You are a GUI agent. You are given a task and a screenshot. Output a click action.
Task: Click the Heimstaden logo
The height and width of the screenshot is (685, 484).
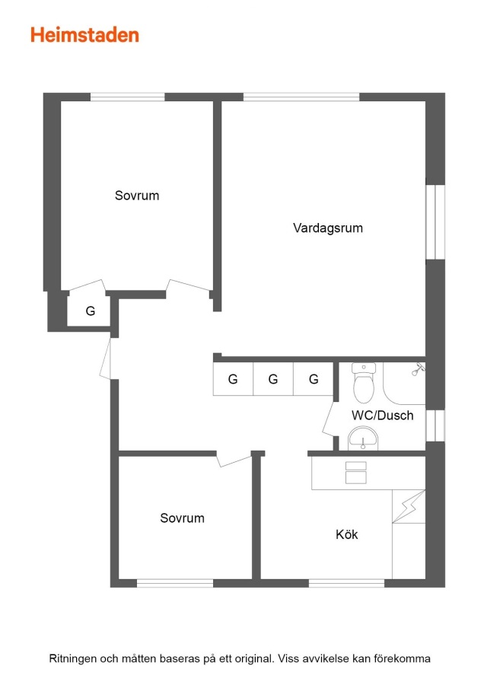coord(84,35)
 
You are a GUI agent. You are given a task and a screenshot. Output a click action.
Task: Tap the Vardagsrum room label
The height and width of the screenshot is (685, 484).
coord(328,228)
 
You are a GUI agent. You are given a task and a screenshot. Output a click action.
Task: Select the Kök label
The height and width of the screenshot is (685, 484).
coord(347,534)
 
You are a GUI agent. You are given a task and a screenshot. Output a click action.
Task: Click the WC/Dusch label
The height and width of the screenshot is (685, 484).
coord(383,415)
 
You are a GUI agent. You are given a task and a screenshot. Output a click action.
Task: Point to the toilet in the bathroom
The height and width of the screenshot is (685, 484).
coord(364,383)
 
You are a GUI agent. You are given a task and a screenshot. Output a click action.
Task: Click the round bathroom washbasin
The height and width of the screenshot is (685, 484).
coord(363,438)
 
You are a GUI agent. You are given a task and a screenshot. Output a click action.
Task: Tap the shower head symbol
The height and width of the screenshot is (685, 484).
coord(418,370)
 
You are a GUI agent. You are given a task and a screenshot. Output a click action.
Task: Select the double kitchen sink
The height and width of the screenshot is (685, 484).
coord(356,473)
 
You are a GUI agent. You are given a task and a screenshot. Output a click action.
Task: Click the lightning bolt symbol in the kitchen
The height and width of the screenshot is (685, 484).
coord(409,506)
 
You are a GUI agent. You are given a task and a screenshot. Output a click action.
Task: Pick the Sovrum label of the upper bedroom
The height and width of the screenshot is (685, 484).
coord(137,196)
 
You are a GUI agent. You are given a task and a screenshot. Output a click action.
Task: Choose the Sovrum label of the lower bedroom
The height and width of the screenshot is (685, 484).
coord(182,518)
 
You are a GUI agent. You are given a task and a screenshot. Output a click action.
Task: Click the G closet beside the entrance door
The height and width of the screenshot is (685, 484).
coord(91,311)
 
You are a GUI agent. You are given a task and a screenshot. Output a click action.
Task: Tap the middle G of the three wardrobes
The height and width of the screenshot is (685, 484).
coord(273,379)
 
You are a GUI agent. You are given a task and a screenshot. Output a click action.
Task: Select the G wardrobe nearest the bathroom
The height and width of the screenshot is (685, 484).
coord(314,379)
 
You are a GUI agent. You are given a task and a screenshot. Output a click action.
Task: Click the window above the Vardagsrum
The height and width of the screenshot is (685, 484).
coord(301,97)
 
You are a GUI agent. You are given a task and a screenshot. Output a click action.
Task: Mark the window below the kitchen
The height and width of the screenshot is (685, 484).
coord(347,583)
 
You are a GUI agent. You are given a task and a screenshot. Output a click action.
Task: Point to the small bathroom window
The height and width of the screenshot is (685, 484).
coord(435,425)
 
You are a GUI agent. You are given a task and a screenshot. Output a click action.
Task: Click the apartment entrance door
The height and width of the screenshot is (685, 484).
coord(106,358)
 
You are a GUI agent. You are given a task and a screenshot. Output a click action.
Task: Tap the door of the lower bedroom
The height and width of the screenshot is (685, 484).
coord(234,460)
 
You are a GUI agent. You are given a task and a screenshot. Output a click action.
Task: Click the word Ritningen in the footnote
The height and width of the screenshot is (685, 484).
coord(73,658)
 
